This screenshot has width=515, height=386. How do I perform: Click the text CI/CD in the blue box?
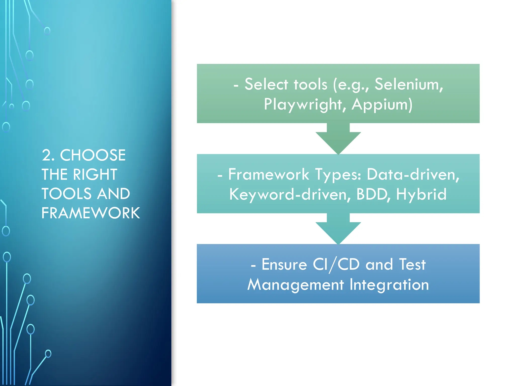[336, 264]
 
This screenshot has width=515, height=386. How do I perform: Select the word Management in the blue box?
[295, 284]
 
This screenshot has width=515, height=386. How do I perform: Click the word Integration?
[389, 284]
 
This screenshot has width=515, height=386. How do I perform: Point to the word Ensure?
[284, 264]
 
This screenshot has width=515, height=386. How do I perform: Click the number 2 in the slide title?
[47, 155]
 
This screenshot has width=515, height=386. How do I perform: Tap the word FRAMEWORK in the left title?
[91, 213]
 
